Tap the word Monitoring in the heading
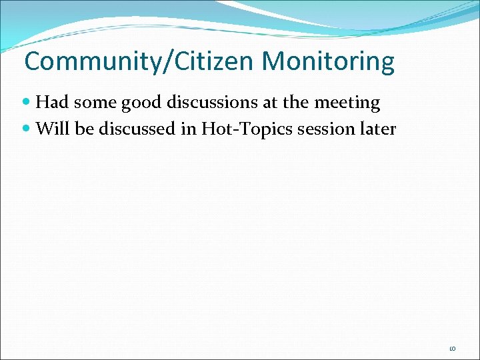tap(328, 61)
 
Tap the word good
tap(135, 103)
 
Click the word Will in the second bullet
tap(51, 128)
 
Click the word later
tap(378, 128)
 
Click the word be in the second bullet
tap(83, 128)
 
